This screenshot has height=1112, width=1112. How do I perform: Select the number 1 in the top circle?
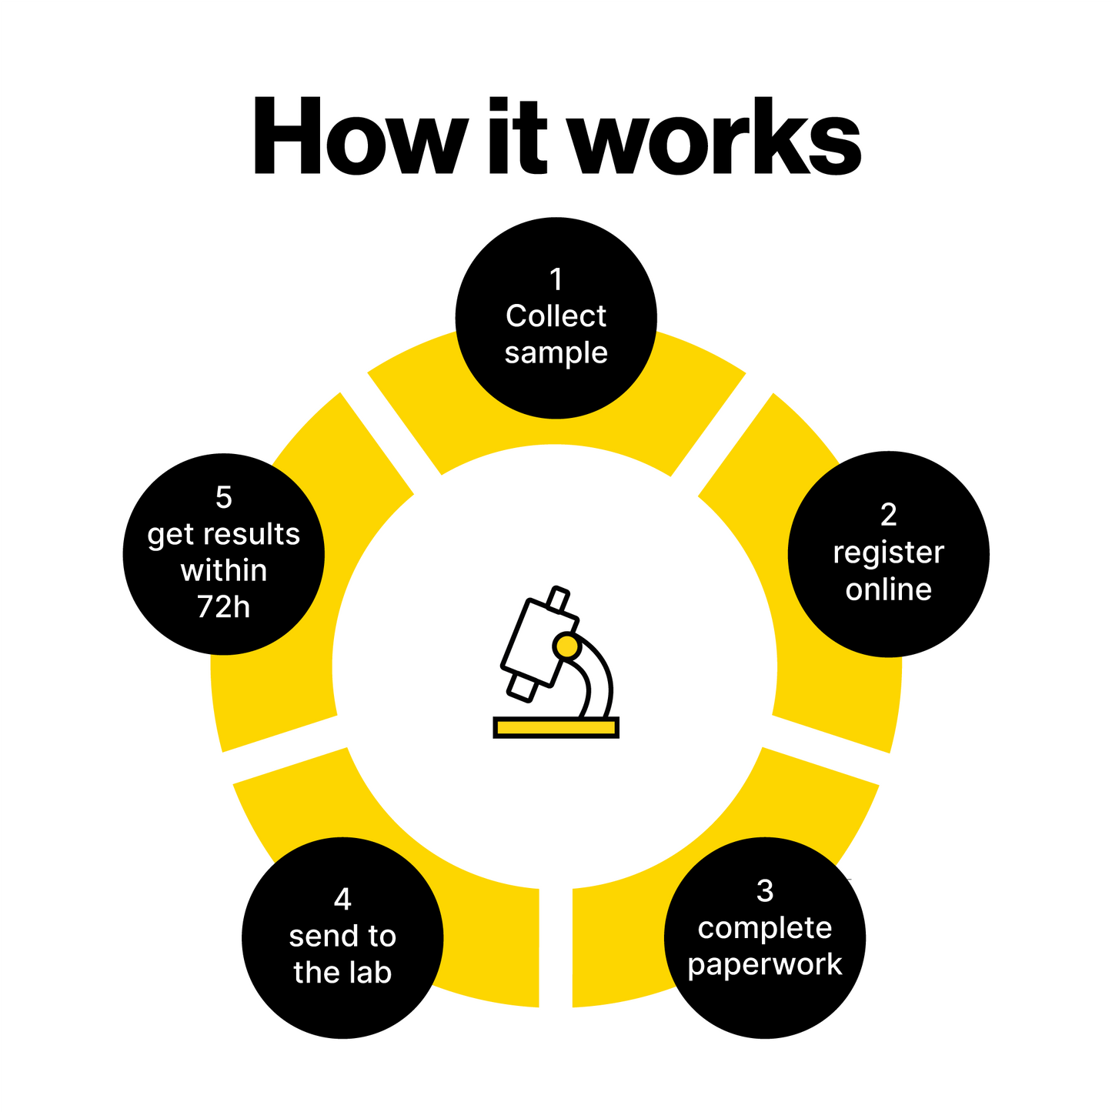pos(556,279)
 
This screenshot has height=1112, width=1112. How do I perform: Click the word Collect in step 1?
pos(556,316)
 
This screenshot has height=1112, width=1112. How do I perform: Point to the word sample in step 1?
pos(556,353)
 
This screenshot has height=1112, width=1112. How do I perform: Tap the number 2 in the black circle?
pos(888,515)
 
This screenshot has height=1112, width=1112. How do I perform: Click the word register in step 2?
pos(888,553)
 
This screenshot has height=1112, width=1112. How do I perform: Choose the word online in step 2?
pos(888,589)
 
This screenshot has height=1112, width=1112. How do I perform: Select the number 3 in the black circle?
pos(764,891)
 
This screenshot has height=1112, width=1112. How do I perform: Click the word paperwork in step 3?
pos(764,965)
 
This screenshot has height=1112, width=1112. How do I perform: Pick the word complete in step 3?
pos(764,928)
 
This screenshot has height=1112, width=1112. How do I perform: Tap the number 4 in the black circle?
pos(342,899)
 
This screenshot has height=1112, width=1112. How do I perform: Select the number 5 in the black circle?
pos(223,498)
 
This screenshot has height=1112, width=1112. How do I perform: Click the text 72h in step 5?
pos(223,608)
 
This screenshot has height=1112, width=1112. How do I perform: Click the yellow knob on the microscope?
pos(566,646)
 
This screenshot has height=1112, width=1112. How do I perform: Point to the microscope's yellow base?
pos(556,727)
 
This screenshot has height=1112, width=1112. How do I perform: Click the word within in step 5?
pos(223,571)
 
